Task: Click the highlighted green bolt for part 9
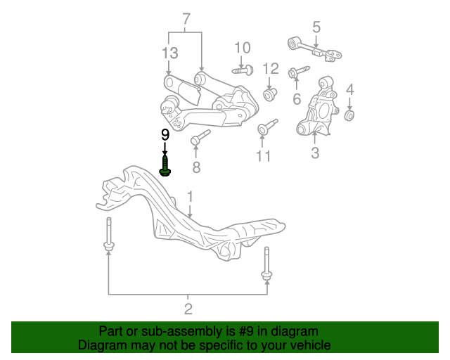pos(165,167)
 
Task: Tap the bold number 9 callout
pos(165,134)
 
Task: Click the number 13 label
pos(169,53)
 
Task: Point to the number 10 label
pos(242,48)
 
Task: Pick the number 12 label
pos(271,68)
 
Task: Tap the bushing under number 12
pos(269,94)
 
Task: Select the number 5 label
pos(316,27)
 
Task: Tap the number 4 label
pos(349,89)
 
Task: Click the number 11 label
pos(263,156)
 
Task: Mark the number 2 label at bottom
pos(188,309)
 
